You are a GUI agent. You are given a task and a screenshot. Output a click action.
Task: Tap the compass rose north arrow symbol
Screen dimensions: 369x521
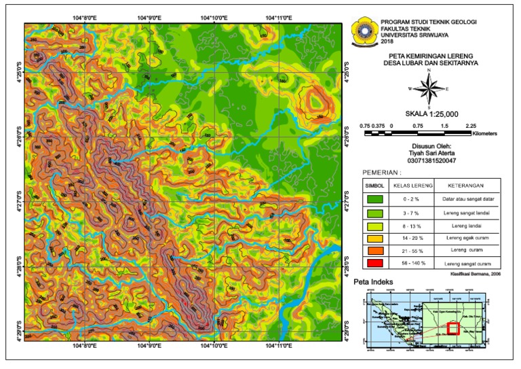pyautogui.click(x=429, y=88)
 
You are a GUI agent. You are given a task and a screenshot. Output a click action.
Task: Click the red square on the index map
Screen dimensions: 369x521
pyautogui.click(x=453, y=328)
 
